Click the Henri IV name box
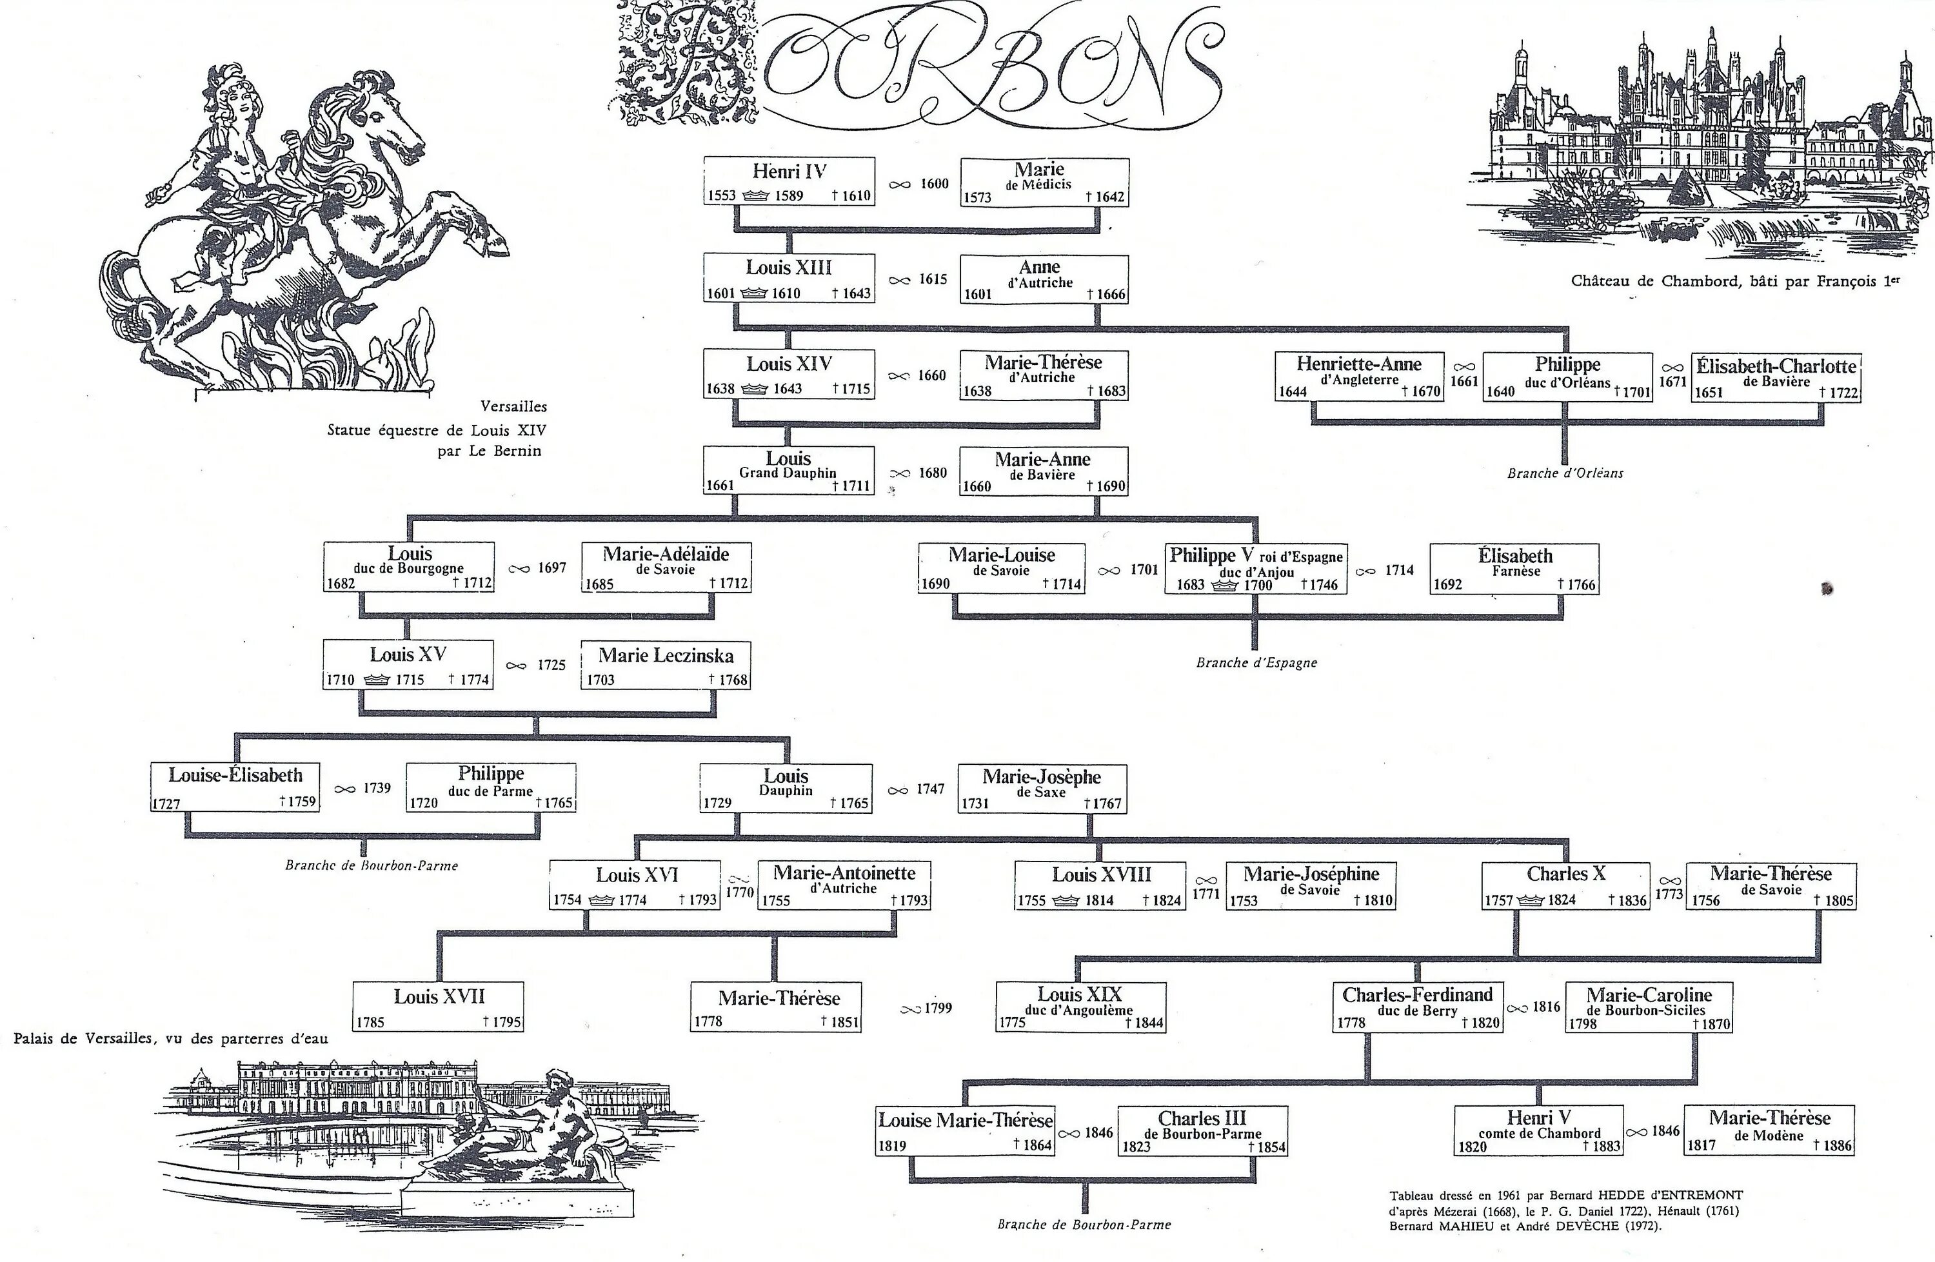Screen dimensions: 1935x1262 point(789,182)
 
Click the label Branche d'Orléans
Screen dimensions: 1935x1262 point(1564,473)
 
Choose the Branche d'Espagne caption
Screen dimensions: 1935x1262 point(1256,662)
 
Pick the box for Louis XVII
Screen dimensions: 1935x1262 point(438,1006)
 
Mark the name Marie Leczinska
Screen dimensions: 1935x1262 point(666,656)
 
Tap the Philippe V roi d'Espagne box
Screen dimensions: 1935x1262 point(1255,569)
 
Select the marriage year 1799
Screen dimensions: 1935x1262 point(937,1009)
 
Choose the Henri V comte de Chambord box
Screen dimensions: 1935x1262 point(1538,1130)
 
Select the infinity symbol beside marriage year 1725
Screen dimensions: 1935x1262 point(516,666)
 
